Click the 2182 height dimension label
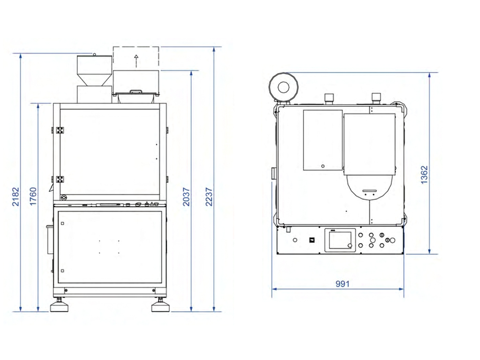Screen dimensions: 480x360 (15, 196)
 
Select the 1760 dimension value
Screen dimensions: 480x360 (33, 196)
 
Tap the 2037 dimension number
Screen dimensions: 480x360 (186, 197)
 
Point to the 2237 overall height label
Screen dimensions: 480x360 (209, 197)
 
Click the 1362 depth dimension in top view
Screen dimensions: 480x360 (424, 175)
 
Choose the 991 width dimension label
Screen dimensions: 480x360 (342, 284)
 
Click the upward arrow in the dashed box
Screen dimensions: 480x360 (136, 60)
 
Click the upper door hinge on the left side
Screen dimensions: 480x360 (59, 130)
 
